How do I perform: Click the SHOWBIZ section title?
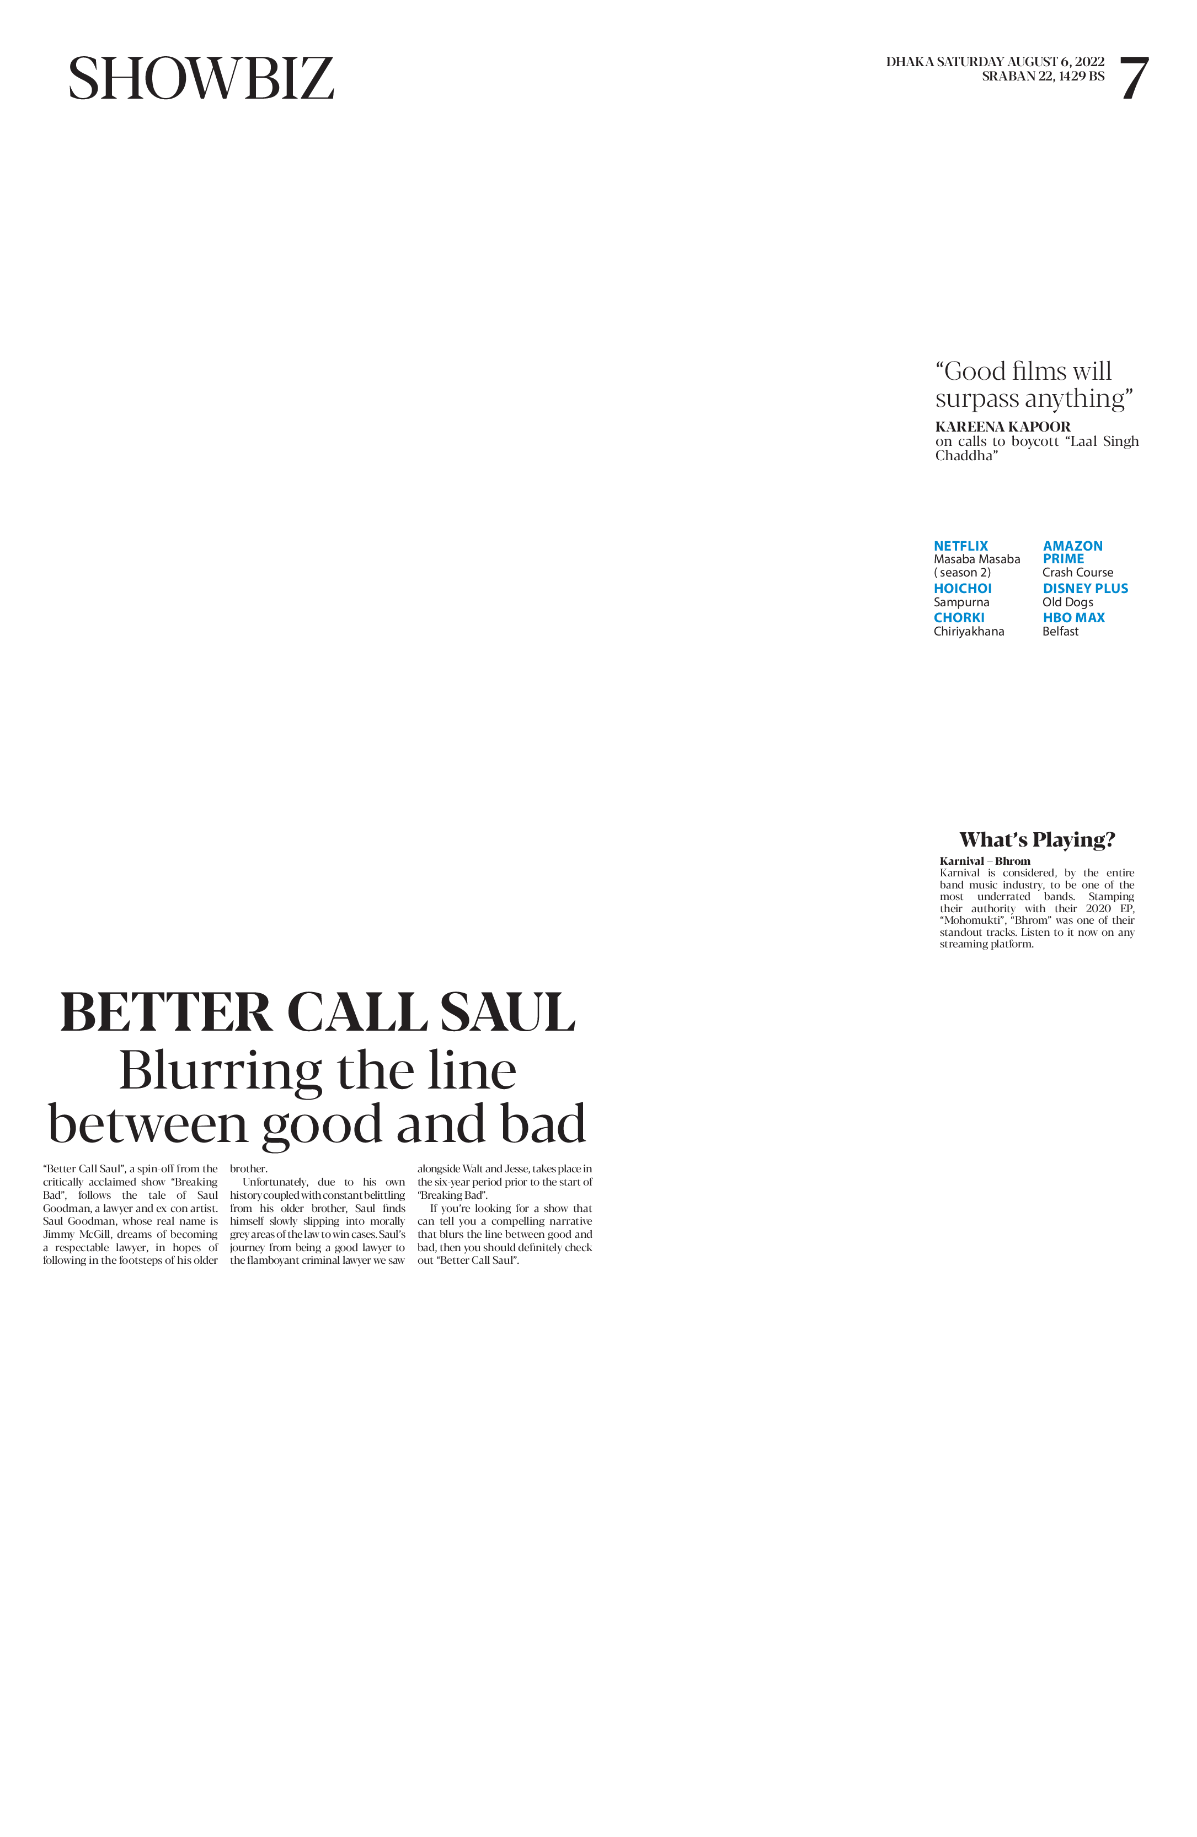pyautogui.click(x=201, y=79)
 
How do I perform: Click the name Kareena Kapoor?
pyautogui.click(x=1002, y=427)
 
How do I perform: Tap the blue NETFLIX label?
pyautogui.click(x=961, y=546)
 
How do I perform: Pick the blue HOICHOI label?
pyautogui.click(x=962, y=588)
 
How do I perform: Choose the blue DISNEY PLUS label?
pyautogui.click(x=1085, y=588)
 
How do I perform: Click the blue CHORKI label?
pyautogui.click(x=959, y=617)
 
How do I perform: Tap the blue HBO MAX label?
pyautogui.click(x=1073, y=617)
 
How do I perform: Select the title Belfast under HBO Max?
pyautogui.click(x=1060, y=632)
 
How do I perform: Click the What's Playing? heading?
pyautogui.click(x=1037, y=840)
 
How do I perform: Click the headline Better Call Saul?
pyautogui.click(x=317, y=1012)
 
